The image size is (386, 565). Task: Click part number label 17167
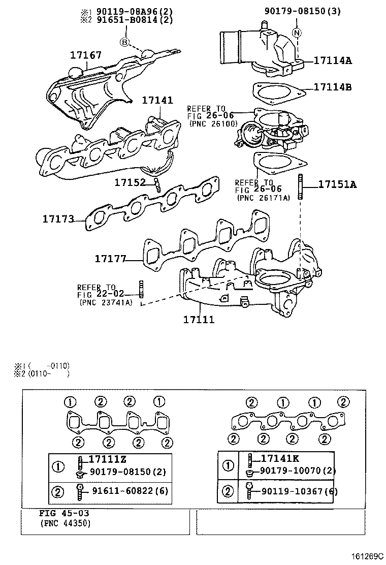point(86,54)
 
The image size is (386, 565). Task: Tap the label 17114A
point(333,60)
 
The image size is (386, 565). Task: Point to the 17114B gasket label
point(333,87)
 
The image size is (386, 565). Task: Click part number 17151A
point(337,184)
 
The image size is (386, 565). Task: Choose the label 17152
point(130,182)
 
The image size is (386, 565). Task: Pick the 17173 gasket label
point(58,219)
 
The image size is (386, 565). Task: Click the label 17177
point(110,259)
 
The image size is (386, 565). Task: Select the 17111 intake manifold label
point(199,320)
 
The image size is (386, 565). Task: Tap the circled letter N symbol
point(297,33)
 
